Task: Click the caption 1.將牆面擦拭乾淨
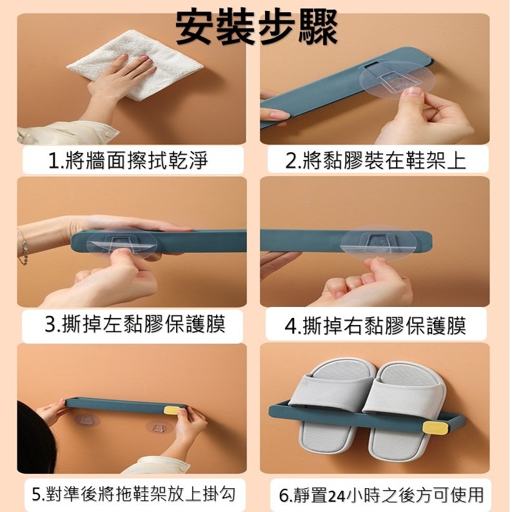[x=129, y=160]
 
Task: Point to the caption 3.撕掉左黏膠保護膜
[x=135, y=324]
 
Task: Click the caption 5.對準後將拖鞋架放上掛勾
[x=133, y=495]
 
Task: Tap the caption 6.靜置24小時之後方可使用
[x=381, y=495]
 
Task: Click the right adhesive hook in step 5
[x=159, y=427]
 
